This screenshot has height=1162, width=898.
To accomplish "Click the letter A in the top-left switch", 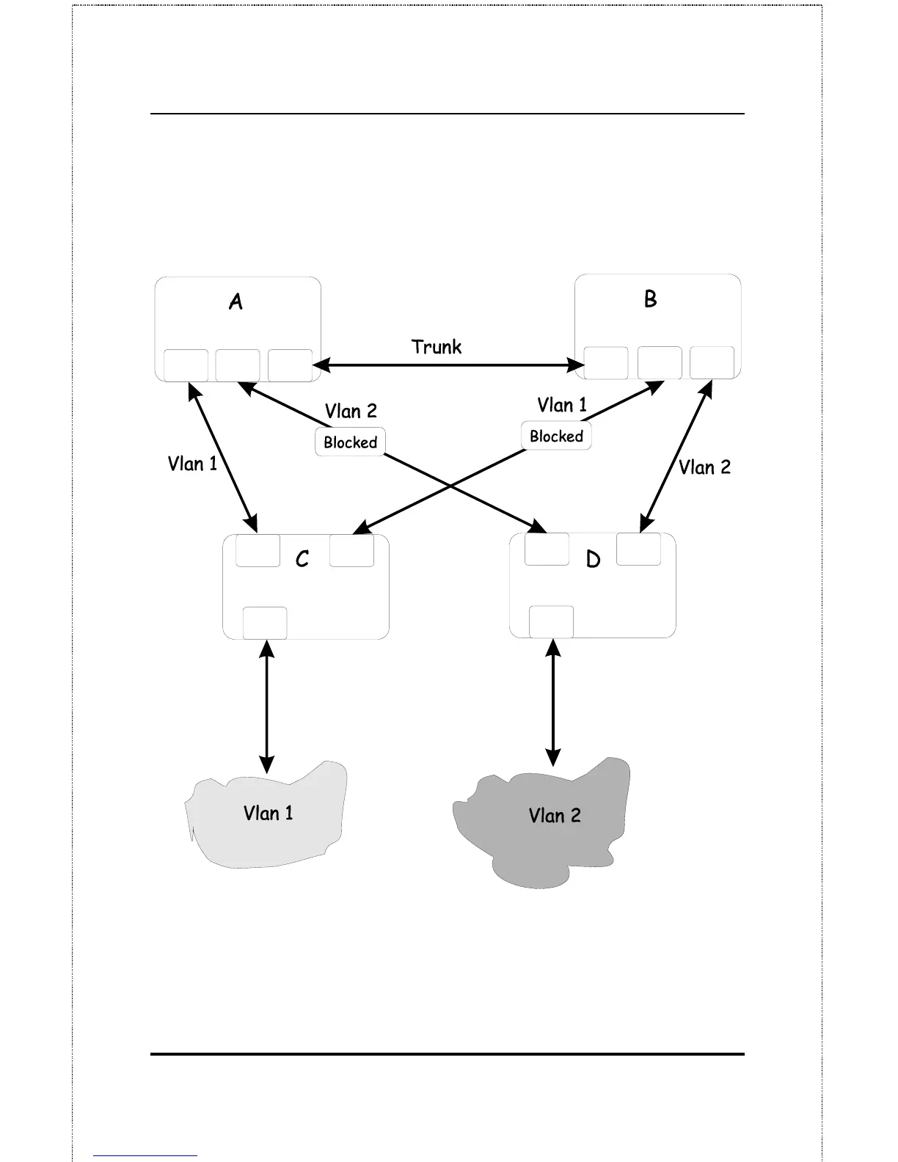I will click(x=236, y=302).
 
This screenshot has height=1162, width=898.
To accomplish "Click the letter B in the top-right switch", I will click(x=650, y=299).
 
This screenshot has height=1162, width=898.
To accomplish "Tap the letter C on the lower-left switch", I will click(x=302, y=560).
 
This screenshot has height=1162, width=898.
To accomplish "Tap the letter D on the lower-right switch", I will click(x=593, y=560).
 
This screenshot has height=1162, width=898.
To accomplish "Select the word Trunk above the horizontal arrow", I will click(x=437, y=346).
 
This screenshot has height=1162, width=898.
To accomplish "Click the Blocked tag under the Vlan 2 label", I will click(x=350, y=442).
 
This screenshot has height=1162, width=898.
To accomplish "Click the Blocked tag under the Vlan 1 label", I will click(x=556, y=436).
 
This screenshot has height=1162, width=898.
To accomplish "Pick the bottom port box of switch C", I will click(x=265, y=623).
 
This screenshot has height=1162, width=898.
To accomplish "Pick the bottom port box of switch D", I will click(x=551, y=621).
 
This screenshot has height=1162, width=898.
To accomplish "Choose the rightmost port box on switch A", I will click(x=290, y=365).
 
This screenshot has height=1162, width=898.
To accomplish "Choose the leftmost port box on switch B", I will click(x=606, y=362).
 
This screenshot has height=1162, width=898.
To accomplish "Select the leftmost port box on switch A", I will click(x=186, y=365).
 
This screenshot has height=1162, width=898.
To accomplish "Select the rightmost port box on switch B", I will click(x=712, y=362).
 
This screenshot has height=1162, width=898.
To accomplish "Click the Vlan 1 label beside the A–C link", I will click(x=192, y=464).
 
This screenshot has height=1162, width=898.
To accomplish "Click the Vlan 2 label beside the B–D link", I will click(x=704, y=467).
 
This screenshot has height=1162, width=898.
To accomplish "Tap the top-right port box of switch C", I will click(x=351, y=550).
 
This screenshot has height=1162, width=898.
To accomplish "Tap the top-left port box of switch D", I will click(x=547, y=549).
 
